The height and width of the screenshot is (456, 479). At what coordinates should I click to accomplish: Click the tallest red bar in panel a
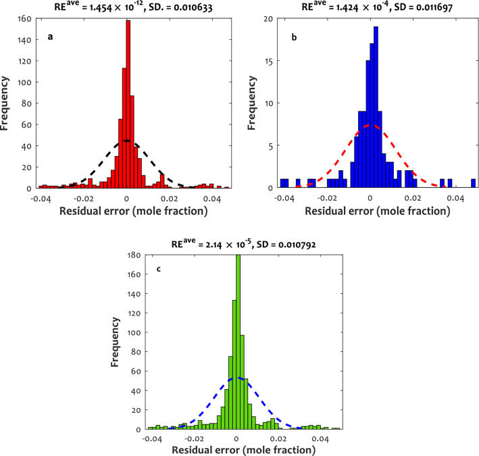tap(128, 101)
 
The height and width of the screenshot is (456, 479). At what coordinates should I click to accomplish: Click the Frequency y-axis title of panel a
tap(7, 103)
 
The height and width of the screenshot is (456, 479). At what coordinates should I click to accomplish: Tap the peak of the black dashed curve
tap(127, 141)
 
